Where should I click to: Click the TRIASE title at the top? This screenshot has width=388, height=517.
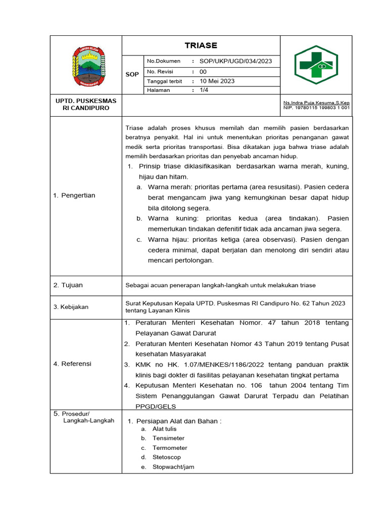point(201,45)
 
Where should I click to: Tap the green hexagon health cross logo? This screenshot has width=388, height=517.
point(316,64)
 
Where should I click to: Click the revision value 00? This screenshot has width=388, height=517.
point(203,72)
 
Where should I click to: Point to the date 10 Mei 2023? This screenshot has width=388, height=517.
point(217,81)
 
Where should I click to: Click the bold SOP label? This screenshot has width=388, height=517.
point(132,74)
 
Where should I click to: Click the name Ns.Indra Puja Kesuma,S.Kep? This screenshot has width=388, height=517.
point(316,102)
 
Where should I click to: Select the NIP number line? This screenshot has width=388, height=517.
point(316,108)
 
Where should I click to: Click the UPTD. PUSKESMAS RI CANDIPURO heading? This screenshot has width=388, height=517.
point(85,105)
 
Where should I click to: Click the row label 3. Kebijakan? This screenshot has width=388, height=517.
point(71,307)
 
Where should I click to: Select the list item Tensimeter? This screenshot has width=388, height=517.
point(168,438)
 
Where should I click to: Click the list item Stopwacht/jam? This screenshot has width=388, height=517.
point(173,467)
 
